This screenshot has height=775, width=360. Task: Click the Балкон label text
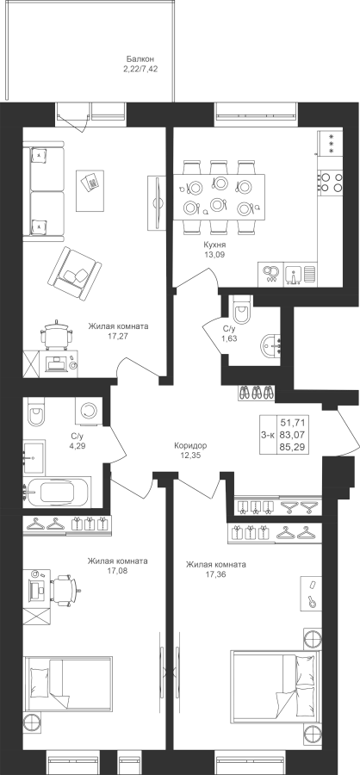coord(136,59)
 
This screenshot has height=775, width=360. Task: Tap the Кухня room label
coord(214,245)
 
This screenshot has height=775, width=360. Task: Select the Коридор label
coord(190,445)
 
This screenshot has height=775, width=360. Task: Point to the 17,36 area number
coord(215,573)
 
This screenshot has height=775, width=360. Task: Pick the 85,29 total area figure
coord(292,447)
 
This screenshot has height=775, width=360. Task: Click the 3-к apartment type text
coord(268,435)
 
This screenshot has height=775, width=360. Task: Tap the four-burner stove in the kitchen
coord(332,182)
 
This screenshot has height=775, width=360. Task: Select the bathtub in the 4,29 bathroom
coord(58,492)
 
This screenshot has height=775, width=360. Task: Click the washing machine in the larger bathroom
coord(89,410)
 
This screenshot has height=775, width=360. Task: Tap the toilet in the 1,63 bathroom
coord(242,310)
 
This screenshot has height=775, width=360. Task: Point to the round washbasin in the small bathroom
coord(270,345)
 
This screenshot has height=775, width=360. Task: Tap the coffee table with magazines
coord(90,190)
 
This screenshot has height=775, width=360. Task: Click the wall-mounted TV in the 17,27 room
coord(158,202)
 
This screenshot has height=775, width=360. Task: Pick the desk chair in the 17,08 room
coord(65,590)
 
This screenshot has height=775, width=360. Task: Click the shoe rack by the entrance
coord(256,393)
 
